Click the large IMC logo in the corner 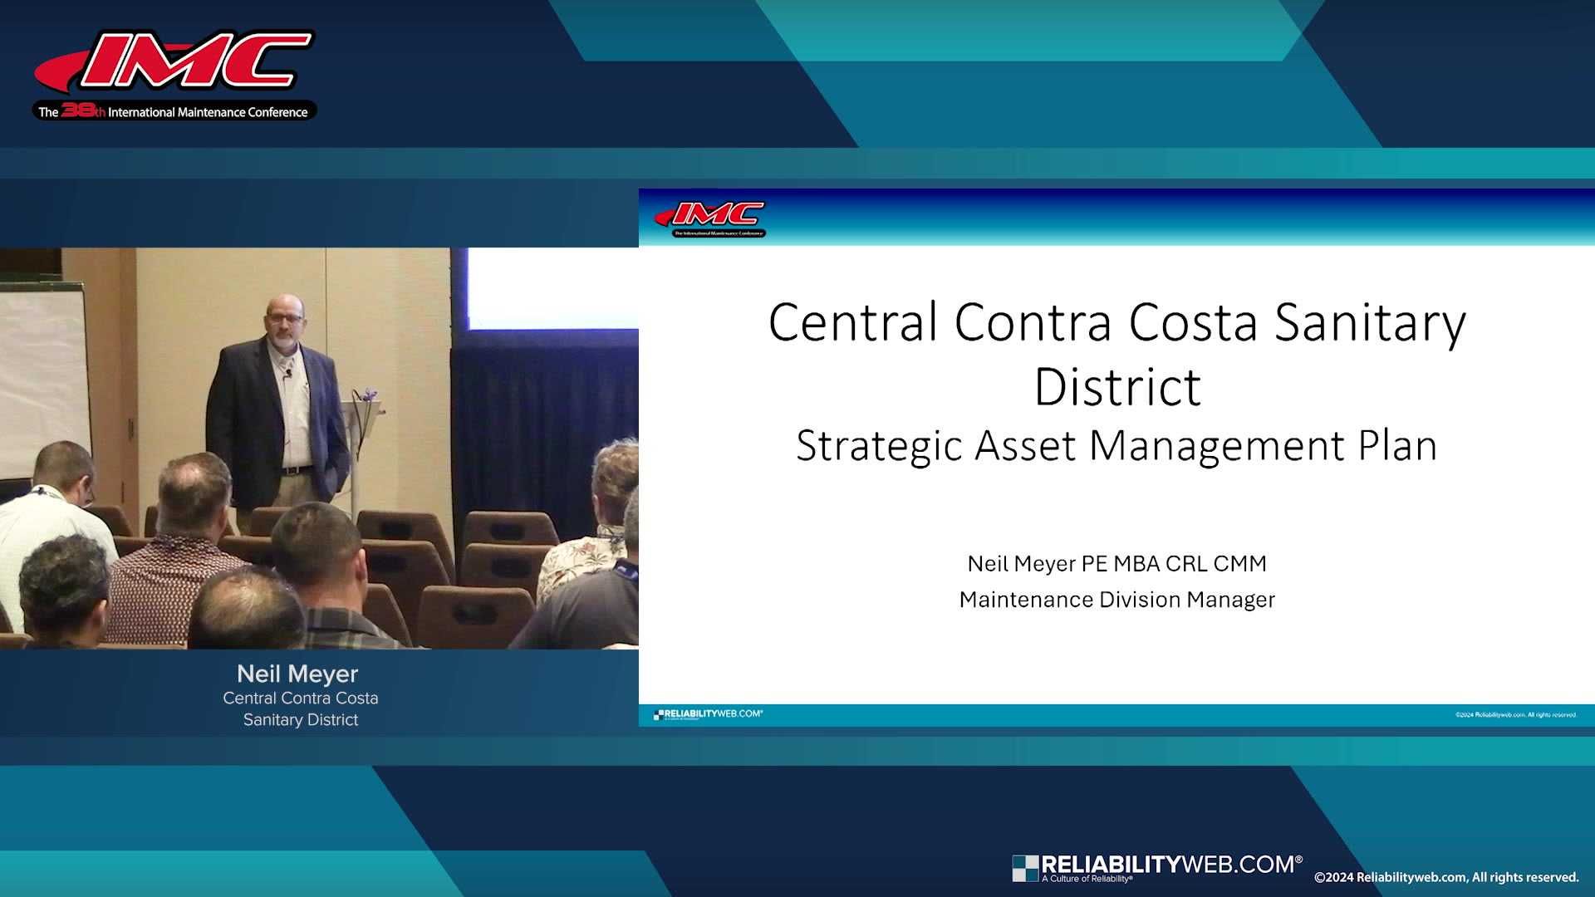(x=174, y=62)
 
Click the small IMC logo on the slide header (x=710, y=218)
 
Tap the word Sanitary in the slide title (x=1370, y=322)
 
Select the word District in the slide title (x=1117, y=387)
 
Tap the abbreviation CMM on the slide (x=1239, y=564)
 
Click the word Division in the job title (x=1139, y=600)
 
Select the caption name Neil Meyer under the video (x=297, y=674)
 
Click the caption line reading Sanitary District (x=301, y=720)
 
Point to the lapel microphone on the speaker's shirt (x=288, y=375)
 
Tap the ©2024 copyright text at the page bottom (x=1446, y=878)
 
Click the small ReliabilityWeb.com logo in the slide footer (x=708, y=714)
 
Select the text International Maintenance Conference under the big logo (x=208, y=112)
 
